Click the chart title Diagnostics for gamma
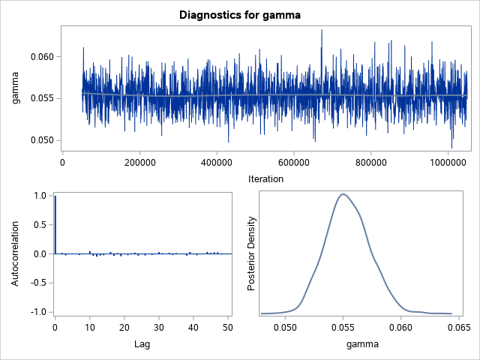239,14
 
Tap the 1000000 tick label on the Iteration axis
448,162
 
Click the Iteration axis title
266,179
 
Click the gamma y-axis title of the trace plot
16,90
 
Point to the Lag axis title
142,344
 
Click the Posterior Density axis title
253,253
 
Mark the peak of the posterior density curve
343,194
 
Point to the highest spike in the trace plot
322,30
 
